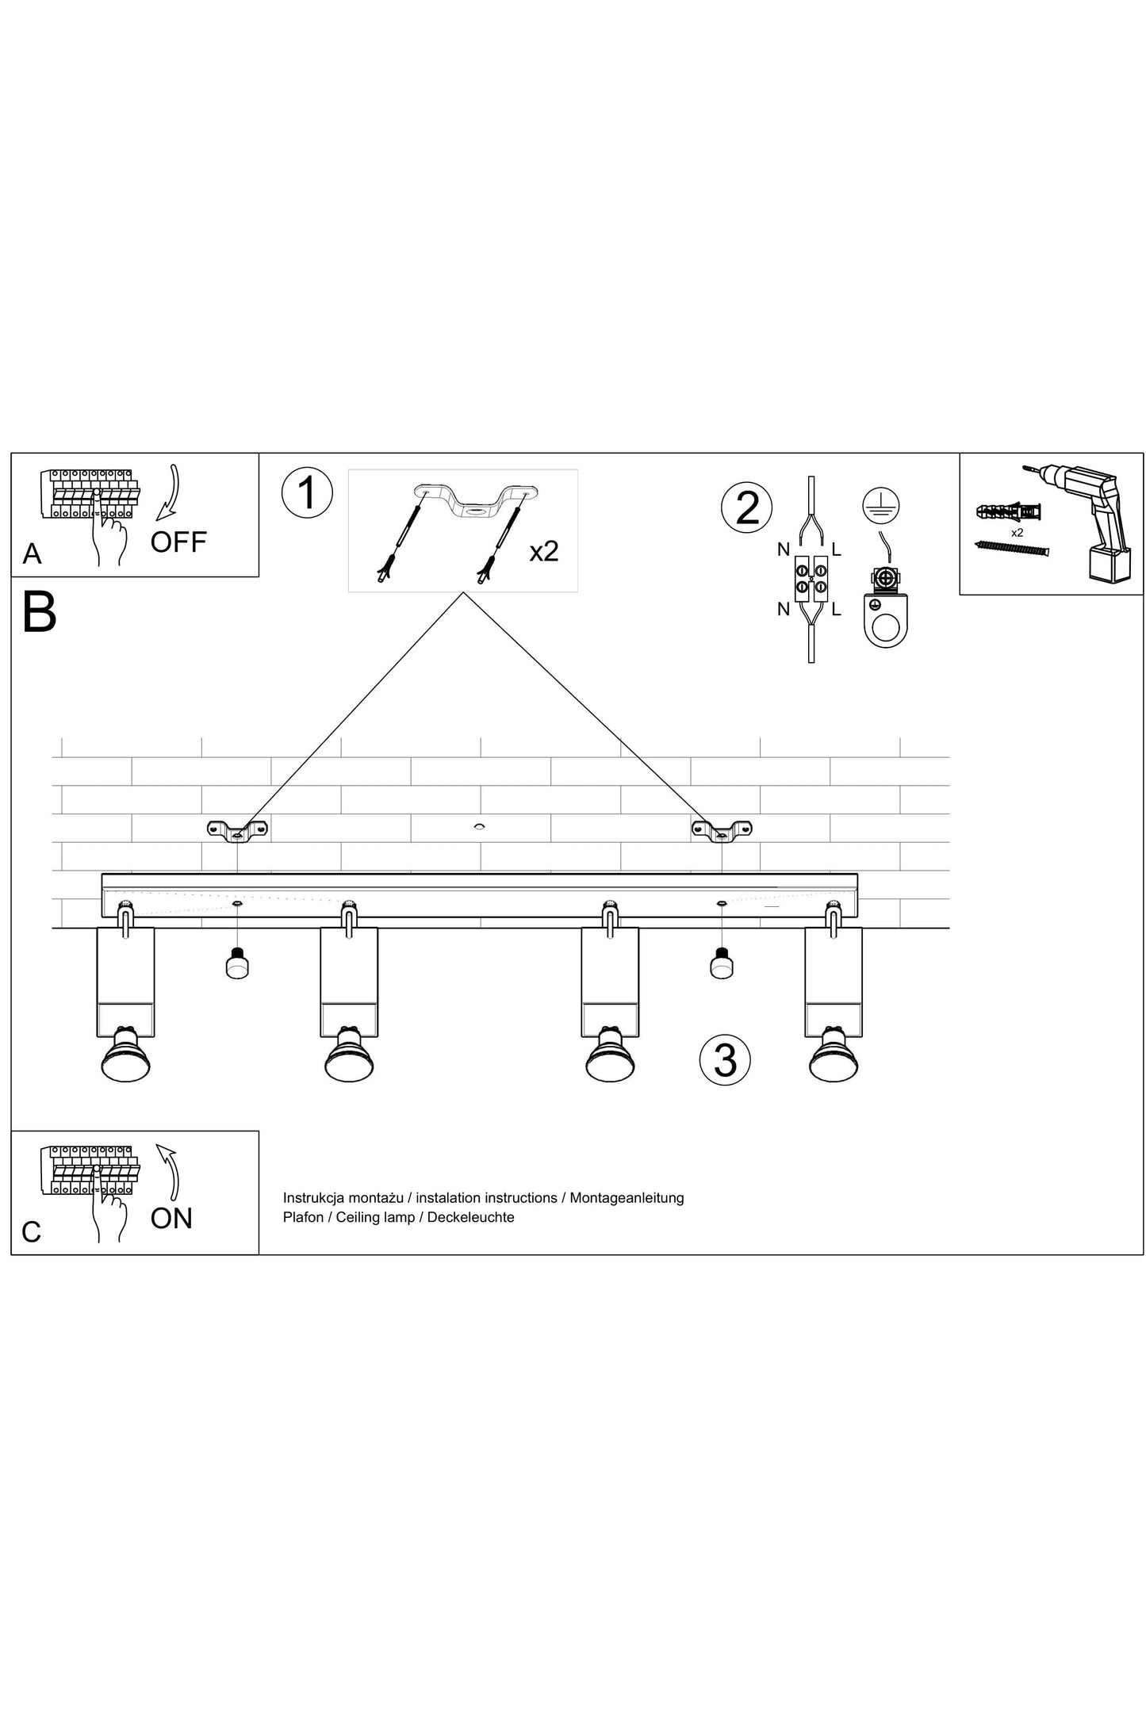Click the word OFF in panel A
[178, 542]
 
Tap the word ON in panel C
[171, 1218]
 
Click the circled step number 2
[746, 507]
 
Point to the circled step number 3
[725, 1059]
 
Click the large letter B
[40, 612]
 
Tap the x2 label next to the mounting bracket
[544, 550]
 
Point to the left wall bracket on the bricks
[237, 831]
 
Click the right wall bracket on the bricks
[722, 831]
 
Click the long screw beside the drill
[1010, 548]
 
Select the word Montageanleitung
[627, 1197]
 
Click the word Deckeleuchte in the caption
[470, 1217]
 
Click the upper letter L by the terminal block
[837, 549]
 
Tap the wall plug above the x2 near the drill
[1009, 510]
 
